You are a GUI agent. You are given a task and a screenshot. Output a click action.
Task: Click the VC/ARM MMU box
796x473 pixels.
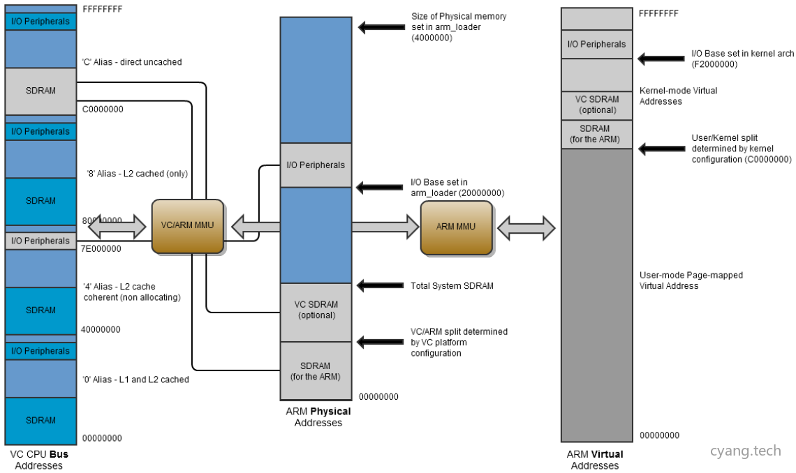[x=188, y=225]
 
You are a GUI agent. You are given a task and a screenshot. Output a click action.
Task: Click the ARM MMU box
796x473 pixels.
[x=456, y=227]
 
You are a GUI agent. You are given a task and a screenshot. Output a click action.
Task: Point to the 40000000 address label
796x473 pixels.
[x=101, y=329]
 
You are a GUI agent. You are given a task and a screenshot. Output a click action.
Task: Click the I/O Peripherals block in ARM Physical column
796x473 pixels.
[x=316, y=165]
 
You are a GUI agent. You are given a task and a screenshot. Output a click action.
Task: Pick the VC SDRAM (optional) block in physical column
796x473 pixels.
[x=316, y=310]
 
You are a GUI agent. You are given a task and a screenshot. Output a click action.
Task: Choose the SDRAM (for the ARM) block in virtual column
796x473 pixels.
[x=595, y=134]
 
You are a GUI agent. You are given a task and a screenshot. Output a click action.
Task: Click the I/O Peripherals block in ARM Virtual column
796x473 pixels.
[x=596, y=44]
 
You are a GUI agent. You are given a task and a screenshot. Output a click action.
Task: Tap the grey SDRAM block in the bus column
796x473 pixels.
[x=40, y=91]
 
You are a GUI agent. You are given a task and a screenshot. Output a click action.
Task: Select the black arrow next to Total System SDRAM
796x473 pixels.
[x=381, y=285]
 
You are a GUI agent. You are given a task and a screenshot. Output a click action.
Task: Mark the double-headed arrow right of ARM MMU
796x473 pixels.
[x=525, y=227]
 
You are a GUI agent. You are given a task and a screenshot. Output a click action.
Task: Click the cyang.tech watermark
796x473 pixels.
[x=745, y=451]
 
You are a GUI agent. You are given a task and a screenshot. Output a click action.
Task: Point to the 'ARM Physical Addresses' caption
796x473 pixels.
[x=318, y=416]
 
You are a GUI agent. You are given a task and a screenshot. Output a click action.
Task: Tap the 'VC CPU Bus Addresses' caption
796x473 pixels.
[x=39, y=460]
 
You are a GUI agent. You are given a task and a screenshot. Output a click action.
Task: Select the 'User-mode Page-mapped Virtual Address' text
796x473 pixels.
[x=691, y=280]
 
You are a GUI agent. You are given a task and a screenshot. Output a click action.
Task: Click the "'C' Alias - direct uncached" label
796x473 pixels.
[x=132, y=62]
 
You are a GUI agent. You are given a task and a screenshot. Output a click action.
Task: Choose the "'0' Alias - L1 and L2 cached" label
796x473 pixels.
[x=135, y=380]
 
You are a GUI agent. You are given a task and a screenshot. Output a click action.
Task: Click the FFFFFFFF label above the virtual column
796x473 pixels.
[x=658, y=13]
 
